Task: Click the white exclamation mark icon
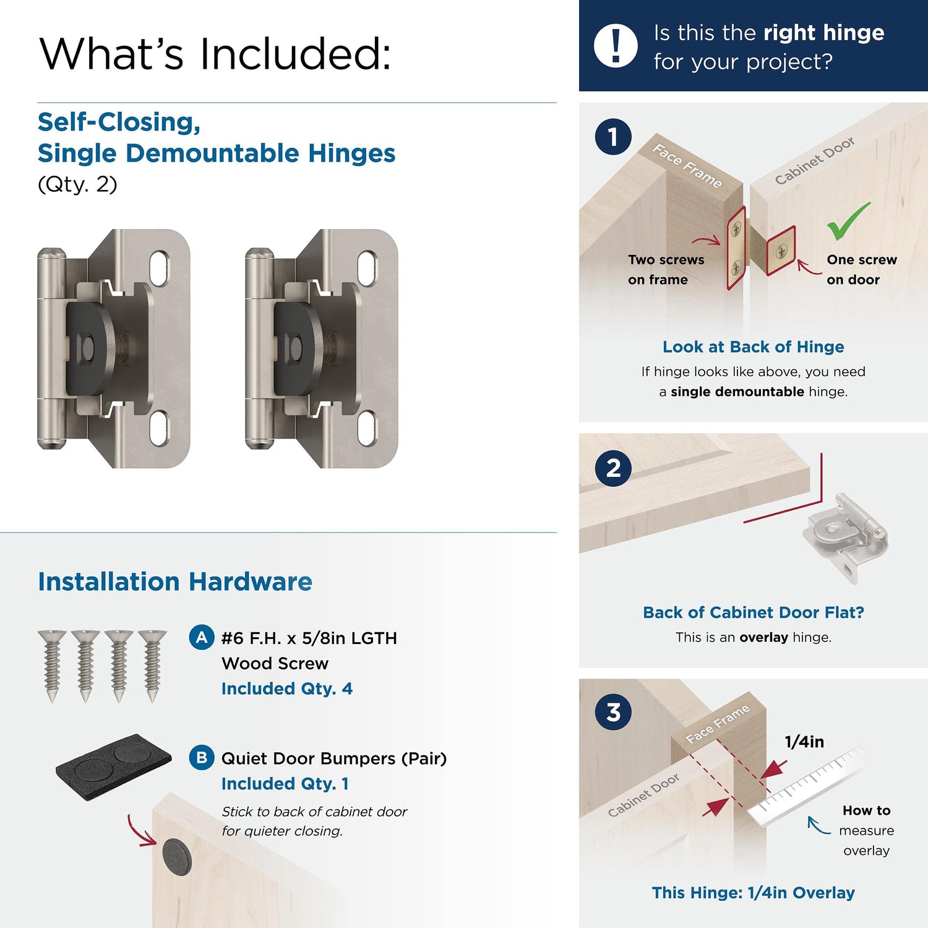point(616,46)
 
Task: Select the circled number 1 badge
point(613,137)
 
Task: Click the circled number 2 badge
point(613,468)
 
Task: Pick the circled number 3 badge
point(613,711)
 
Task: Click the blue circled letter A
point(202,637)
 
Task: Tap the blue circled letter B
point(202,757)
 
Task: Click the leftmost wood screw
point(52,666)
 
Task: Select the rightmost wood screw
point(152,666)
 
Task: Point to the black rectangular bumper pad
point(113,766)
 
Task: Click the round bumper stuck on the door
point(177,857)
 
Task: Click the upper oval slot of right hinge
point(367,267)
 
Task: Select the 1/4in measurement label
point(804,741)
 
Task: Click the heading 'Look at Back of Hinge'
point(753,346)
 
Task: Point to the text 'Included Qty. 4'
point(287,689)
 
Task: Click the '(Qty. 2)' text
point(77,184)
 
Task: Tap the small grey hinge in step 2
point(845,536)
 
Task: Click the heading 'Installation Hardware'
point(175,582)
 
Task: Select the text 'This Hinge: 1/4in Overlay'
point(753,892)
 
